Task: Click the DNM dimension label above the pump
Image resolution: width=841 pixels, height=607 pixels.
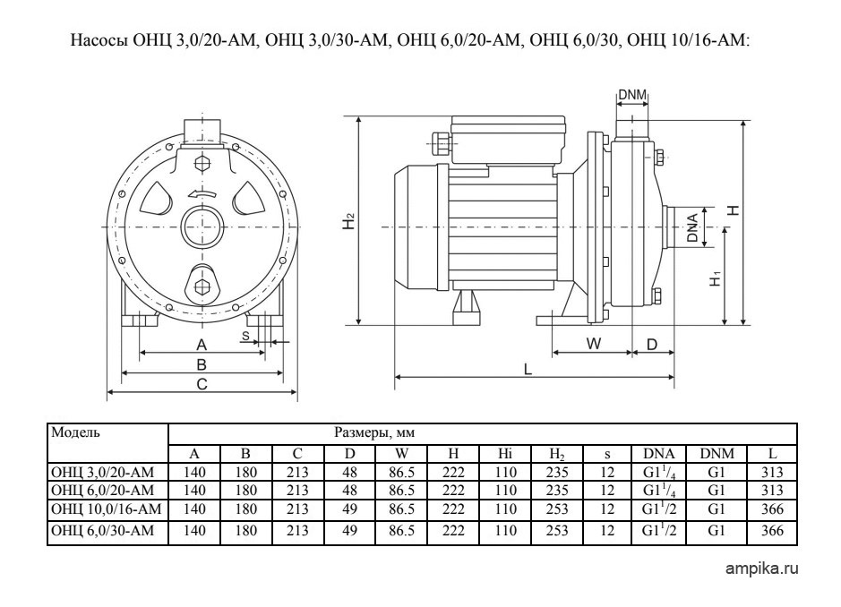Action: (632, 95)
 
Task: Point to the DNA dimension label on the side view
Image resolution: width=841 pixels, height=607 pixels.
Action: (692, 228)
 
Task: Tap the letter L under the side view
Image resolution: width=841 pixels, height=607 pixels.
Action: (528, 369)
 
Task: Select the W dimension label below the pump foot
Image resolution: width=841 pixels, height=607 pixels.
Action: (593, 344)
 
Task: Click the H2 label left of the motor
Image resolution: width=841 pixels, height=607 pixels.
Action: (348, 221)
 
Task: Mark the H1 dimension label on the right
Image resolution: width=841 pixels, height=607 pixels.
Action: (716, 278)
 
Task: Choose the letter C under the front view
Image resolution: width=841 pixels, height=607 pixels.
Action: (202, 384)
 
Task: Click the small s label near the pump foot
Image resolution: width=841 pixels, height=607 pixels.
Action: (245, 337)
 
